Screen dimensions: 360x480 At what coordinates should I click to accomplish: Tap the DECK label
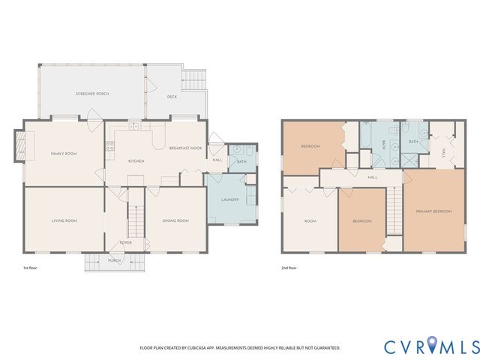coord(172,97)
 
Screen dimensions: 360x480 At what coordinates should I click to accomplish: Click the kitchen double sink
coord(133,127)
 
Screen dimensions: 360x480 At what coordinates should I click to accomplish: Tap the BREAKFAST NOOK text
coord(185,148)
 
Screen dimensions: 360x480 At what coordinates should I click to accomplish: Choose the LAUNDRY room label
coord(230,199)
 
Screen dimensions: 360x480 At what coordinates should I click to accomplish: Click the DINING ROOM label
coord(175,220)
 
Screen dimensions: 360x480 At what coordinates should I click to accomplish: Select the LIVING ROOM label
coord(64,220)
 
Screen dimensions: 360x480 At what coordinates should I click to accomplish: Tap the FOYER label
coord(126,243)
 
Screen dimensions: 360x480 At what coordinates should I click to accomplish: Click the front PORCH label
coord(114,261)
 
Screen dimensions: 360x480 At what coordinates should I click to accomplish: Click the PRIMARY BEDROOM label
coord(434,211)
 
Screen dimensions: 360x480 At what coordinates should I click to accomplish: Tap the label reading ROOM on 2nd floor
coord(310,221)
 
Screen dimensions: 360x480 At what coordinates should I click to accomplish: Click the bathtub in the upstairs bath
coord(370,139)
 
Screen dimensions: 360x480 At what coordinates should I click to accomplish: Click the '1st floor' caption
coord(31,268)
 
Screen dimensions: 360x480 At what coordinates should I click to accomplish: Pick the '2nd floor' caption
coord(289,268)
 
